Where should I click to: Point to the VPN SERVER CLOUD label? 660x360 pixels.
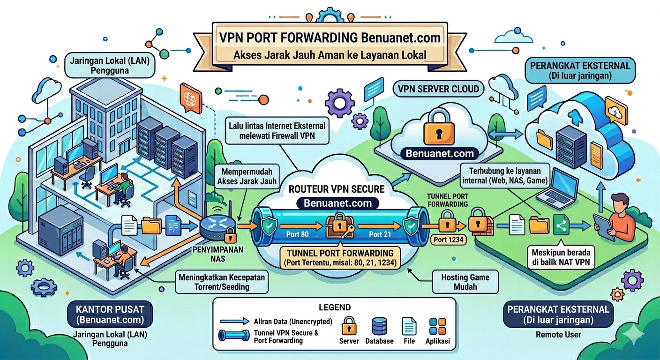point(438,89)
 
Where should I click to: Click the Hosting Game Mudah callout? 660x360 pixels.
point(465,281)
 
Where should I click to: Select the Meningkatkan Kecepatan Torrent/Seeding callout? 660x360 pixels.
point(222,281)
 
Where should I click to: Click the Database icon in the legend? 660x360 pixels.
point(379,326)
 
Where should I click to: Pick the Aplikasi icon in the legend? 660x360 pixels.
point(438,326)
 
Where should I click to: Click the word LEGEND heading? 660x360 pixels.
point(334,307)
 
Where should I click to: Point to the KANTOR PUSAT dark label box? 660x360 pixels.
point(110,315)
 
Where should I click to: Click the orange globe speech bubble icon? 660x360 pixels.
point(190,98)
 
